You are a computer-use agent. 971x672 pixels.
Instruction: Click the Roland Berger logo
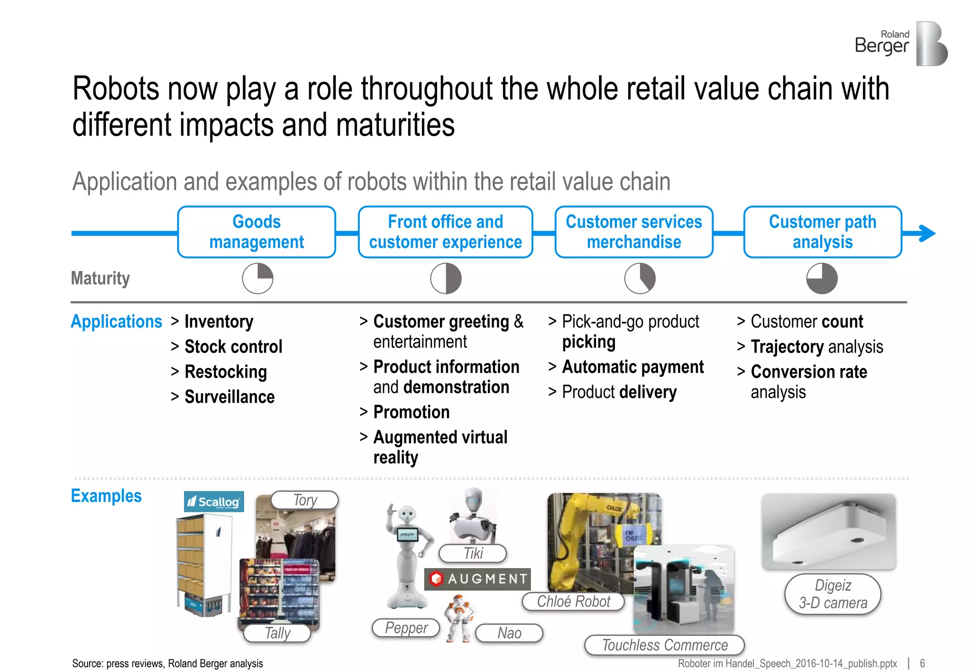coord(901,44)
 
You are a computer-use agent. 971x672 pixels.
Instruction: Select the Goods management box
coord(256,232)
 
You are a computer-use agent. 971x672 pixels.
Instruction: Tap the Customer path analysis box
coord(822,232)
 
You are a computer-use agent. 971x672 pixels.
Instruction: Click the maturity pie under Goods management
coord(257,279)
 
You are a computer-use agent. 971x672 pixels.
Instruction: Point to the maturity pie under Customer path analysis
coord(822,279)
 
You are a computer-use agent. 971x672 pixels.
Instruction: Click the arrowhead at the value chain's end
coord(927,233)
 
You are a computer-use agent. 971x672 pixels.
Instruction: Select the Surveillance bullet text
coord(229,397)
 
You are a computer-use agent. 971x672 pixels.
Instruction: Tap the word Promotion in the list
coord(411,412)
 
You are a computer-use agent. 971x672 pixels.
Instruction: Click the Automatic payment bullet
coord(632,367)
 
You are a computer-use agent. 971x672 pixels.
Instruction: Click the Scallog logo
coord(214,501)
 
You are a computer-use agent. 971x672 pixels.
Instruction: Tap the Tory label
coord(305,500)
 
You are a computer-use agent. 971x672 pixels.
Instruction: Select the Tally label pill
coord(277,633)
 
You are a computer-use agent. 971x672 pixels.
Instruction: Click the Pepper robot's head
coord(406,514)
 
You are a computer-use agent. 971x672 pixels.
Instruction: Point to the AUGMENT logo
coord(477,579)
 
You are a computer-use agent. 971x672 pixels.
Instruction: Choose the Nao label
coord(509,633)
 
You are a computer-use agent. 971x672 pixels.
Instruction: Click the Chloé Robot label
coord(573,601)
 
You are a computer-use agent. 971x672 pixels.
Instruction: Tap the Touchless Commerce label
coord(664,645)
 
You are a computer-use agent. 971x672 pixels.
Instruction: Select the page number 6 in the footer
coord(922,663)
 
